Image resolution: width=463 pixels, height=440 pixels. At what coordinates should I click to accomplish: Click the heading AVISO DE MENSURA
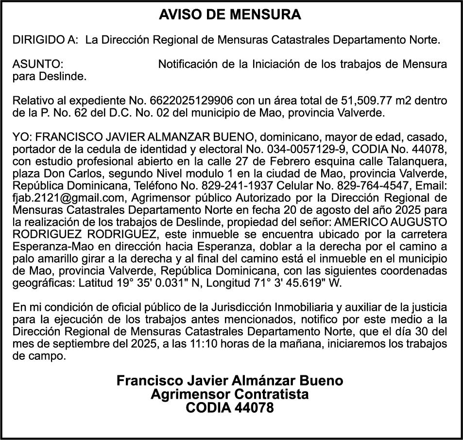[x=230, y=15]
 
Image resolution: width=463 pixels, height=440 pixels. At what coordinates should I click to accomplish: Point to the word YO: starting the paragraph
[x=23, y=137]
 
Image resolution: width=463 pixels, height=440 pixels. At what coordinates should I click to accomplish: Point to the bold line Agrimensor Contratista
[x=229, y=394]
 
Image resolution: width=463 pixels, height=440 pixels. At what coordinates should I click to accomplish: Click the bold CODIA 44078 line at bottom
[x=229, y=407]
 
